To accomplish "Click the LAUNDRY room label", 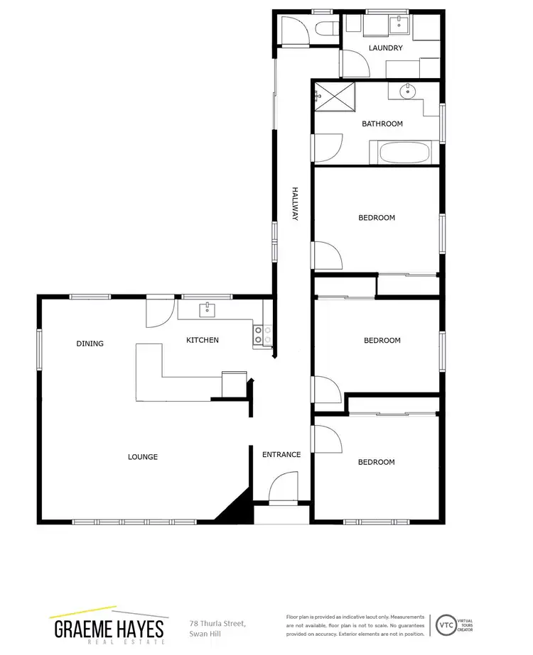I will point(386,48).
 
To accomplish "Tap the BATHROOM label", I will point(382,123).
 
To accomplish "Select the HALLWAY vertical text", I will point(293,204).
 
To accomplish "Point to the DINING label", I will point(90,343).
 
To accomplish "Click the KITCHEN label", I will point(203,341).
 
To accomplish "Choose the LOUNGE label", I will point(143,457).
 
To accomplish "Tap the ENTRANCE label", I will point(281,455).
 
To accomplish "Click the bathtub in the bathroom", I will point(399,152).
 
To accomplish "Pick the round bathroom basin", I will point(407,92).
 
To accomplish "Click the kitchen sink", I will point(208,309).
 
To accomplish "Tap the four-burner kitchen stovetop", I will point(262,334).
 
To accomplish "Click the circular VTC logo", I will point(446,624).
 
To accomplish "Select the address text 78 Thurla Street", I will point(217,623).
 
